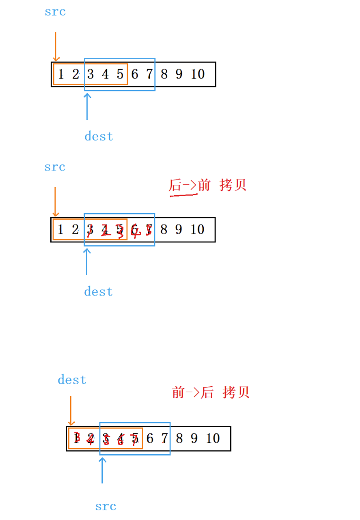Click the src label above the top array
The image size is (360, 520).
click(55, 12)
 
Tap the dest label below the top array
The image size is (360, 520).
click(99, 136)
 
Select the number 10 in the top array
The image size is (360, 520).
click(198, 74)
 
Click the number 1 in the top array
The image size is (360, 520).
click(61, 74)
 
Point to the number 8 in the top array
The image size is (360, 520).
click(164, 74)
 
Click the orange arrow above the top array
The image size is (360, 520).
click(55, 46)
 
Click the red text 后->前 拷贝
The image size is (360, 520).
click(208, 185)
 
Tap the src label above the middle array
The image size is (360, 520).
click(54, 167)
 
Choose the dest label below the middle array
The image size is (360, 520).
click(99, 292)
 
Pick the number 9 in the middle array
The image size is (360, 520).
click(179, 230)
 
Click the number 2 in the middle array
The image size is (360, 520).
click(75, 230)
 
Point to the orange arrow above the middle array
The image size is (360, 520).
click(55, 202)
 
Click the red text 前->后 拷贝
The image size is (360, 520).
click(210, 393)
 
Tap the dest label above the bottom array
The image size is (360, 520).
click(72, 380)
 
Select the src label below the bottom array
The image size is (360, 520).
click(106, 506)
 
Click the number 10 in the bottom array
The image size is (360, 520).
click(213, 439)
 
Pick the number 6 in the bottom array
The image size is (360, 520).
click(150, 439)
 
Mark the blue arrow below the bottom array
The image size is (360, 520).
click(102, 469)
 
